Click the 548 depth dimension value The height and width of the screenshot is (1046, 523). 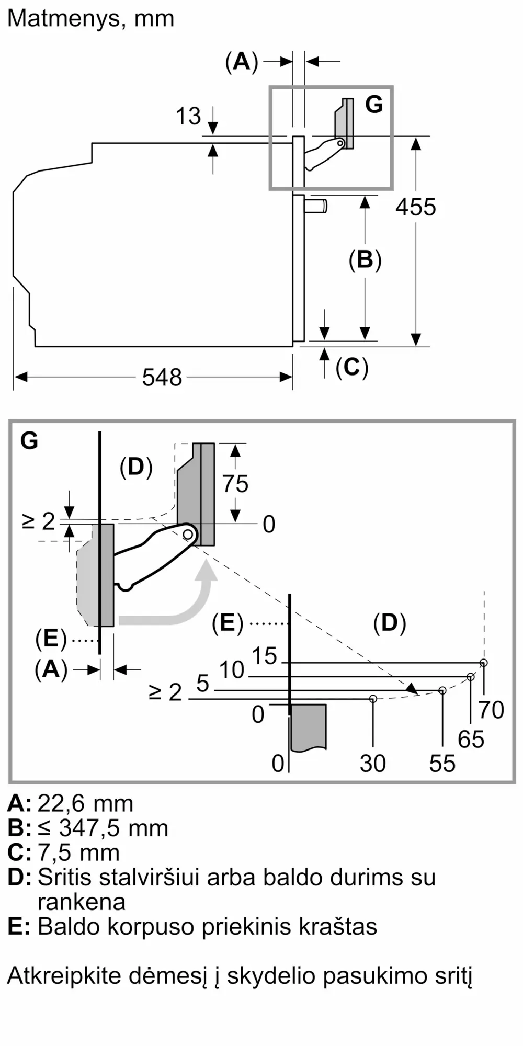point(162,377)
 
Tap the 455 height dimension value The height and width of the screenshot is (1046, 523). point(416,207)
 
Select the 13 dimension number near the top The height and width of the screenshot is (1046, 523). point(188,116)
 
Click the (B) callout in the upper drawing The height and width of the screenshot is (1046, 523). point(365,260)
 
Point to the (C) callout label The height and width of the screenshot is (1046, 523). point(352,367)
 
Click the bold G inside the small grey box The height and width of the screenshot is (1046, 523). point(374,105)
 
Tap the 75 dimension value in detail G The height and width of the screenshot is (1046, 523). point(235,484)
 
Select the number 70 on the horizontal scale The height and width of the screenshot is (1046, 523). point(491,710)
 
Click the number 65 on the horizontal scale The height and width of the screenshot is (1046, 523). point(471,739)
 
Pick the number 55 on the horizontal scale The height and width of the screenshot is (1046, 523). point(442,764)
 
